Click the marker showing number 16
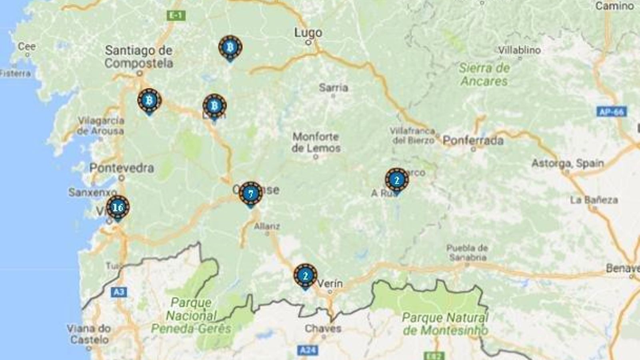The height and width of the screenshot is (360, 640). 118,208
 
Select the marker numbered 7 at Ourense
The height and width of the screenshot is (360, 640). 251,194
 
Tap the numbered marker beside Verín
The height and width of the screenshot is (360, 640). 306,276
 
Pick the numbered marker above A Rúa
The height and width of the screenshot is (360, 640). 397,180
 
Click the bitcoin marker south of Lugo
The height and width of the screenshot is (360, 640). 230,48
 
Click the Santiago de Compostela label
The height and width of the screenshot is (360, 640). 139,57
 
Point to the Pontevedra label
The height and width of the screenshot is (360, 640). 122,168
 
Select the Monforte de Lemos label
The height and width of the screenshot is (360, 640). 316,142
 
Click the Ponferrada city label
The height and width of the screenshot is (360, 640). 473,141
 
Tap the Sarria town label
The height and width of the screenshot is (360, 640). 333,88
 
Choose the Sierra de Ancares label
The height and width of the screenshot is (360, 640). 484,74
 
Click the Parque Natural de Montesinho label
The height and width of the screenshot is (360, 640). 445,324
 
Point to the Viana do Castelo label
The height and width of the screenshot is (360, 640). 88,334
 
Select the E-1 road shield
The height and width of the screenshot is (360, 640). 176,16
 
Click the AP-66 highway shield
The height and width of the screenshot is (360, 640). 612,112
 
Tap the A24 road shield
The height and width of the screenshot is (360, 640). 308,350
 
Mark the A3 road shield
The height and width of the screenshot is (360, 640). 119,292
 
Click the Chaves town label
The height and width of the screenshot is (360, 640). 323,328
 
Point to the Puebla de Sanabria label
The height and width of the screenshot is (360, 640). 467,252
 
